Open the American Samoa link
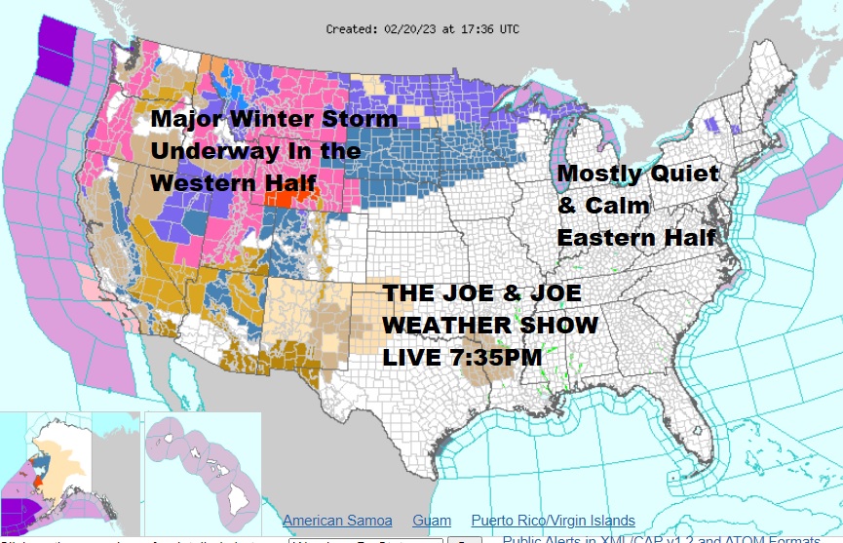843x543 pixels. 337,521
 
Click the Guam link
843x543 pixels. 432,521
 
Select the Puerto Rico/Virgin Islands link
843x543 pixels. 553,521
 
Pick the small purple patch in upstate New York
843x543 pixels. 711,125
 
